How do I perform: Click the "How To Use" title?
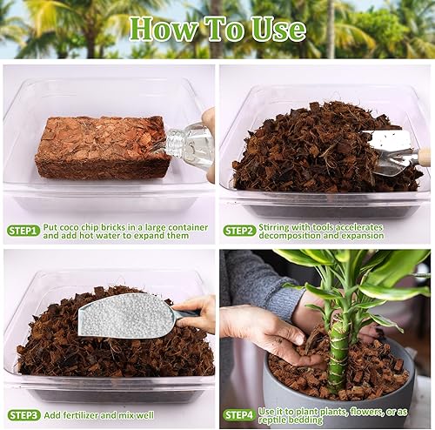[217, 30]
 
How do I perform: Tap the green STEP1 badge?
[23, 230]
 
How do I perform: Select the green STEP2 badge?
[240, 230]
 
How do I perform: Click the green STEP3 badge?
[23, 415]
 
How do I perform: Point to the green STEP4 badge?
[240, 415]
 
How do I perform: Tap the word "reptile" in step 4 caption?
[280, 420]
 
